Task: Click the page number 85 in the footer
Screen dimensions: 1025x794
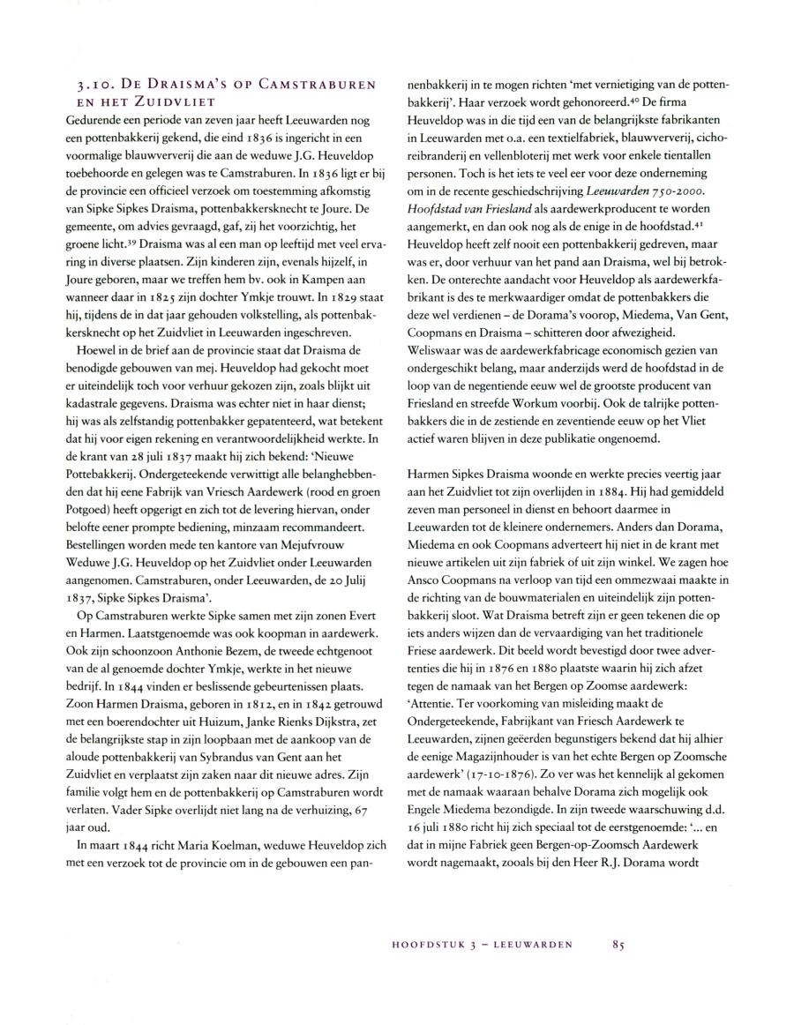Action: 617,944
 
